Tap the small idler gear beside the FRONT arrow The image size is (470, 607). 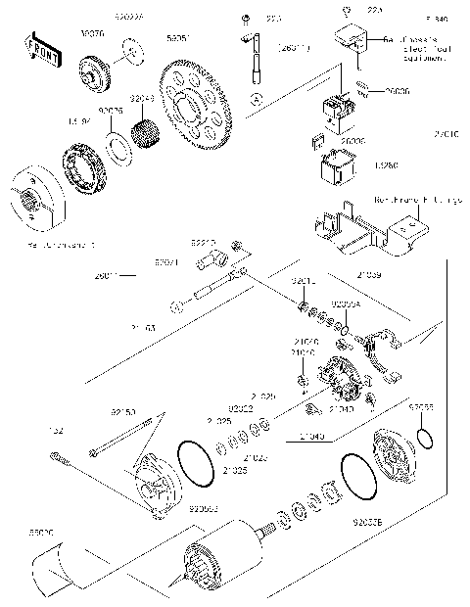tap(95, 72)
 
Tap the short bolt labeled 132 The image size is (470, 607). tap(63, 456)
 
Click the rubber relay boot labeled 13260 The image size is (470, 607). tap(334, 170)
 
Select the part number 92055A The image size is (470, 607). tap(346, 304)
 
